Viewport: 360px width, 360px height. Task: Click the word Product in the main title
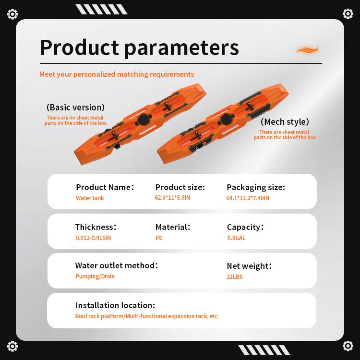pos(79,48)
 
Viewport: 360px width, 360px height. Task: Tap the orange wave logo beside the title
pos(307,49)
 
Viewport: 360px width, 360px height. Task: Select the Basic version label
pos(75,107)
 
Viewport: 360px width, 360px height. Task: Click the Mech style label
pos(285,122)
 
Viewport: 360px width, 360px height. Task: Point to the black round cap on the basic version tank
pos(144,120)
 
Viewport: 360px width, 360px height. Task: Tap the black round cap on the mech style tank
pos(227,119)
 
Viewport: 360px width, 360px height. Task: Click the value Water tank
pos(90,198)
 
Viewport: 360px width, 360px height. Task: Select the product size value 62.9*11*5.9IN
pos(172,197)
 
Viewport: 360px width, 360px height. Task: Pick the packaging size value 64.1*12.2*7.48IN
pos(248,198)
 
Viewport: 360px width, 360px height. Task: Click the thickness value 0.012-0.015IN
pos(93,238)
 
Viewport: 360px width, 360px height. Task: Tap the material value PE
pos(159,238)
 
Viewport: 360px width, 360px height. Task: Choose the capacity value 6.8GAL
pos(236,238)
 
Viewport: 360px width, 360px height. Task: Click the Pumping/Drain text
pos(95,276)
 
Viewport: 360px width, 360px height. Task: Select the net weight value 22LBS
pos(234,276)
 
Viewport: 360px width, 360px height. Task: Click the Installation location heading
pos(115,305)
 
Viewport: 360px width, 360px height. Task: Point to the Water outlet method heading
pos(117,265)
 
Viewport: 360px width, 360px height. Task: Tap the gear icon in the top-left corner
pos(12,14)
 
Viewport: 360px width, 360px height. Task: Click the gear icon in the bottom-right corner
pos(348,346)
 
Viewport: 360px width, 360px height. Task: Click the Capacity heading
pos(245,227)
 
